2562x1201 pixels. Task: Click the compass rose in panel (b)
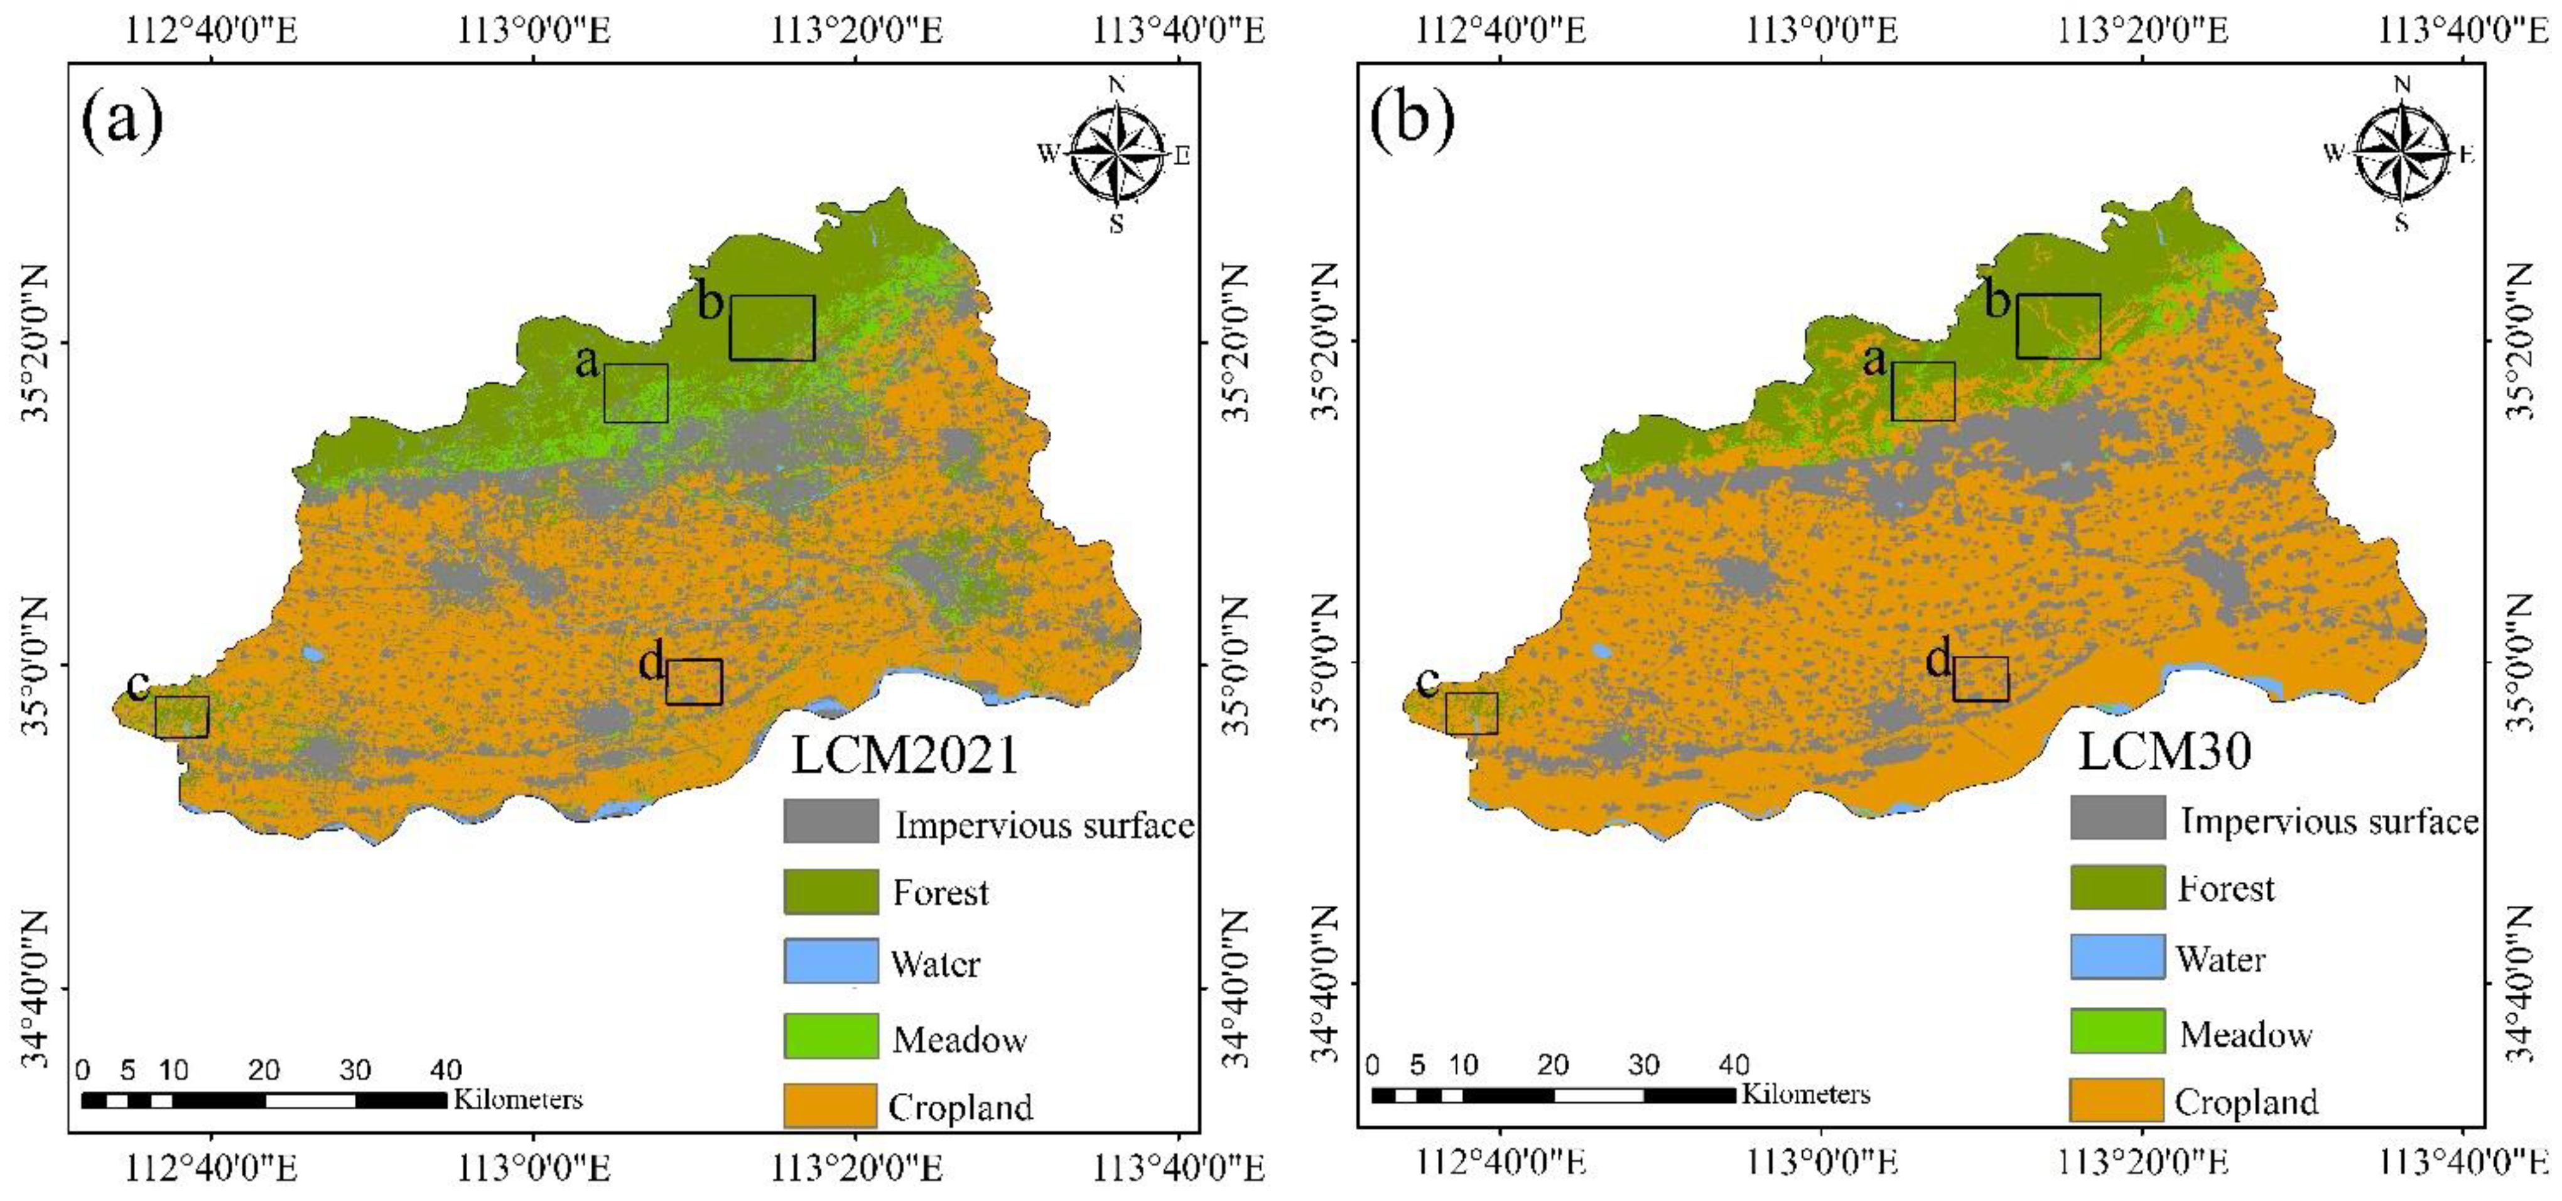click(x=2402, y=153)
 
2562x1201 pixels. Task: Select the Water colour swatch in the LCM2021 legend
click(x=831, y=961)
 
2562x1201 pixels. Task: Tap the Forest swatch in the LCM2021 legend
click(x=831, y=891)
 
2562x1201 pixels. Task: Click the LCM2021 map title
click(x=905, y=754)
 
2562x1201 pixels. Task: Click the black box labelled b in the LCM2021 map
click(x=772, y=327)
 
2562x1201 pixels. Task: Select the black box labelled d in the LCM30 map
click(x=1980, y=678)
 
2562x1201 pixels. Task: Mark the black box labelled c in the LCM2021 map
click(x=182, y=717)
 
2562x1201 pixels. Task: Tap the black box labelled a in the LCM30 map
click(x=1923, y=391)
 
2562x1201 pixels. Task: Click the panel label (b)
click(x=1411, y=117)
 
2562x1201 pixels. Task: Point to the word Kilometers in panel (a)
click(x=518, y=1099)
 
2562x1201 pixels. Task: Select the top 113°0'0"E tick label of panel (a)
click(x=534, y=31)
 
